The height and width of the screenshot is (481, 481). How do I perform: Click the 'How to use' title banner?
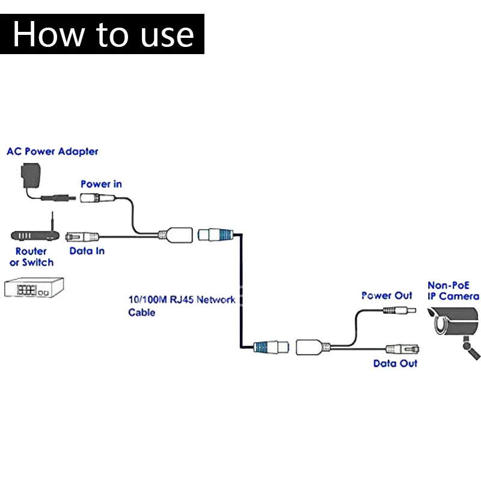(102, 34)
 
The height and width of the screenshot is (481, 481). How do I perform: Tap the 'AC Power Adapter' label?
(52, 152)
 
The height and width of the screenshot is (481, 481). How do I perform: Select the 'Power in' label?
(101, 184)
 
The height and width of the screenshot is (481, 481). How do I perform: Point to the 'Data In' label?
(87, 251)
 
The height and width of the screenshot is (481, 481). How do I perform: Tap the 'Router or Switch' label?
(31, 257)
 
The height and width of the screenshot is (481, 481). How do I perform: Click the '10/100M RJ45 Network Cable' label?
(181, 305)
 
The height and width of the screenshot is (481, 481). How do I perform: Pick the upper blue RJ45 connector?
(217, 233)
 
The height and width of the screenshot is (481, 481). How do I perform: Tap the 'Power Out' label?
(387, 296)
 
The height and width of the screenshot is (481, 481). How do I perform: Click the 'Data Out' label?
(395, 363)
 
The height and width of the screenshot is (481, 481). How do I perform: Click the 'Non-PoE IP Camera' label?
(453, 291)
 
